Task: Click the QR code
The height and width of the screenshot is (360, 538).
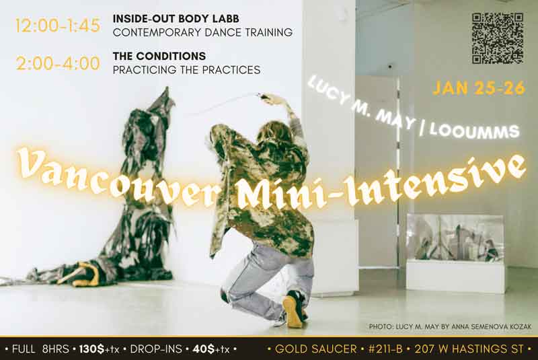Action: pyautogui.click(x=498, y=38)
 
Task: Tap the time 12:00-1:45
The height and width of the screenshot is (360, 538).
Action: pyautogui.click(x=58, y=26)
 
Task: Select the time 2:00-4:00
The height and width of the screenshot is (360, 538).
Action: pyautogui.click(x=58, y=63)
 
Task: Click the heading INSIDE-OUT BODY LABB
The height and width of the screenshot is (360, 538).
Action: pyautogui.click(x=176, y=19)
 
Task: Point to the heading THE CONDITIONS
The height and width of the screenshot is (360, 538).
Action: pyautogui.click(x=159, y=56)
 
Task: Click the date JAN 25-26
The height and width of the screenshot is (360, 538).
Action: pyautogui.click(x=479, y=88)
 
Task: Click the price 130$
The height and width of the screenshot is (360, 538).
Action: pyautogui.click(x=92, y=349)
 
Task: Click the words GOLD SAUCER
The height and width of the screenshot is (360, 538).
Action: pyautogui.click(x=315, y=349)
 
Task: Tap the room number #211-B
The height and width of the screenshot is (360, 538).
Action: pyautogui.click(x=385, y=349)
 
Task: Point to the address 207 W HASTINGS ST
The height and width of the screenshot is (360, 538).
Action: pyautogui.click(x=469, y=349)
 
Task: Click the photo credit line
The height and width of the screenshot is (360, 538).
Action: pyautogui.click(x=450, y=326)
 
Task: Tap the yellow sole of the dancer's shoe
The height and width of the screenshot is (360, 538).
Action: pyautogui.click(x=293, y=311)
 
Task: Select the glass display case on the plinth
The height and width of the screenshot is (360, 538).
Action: pyautogui.click(x=455, y=238)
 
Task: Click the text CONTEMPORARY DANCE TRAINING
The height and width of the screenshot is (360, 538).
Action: pyautogui.click(x=203, y=32)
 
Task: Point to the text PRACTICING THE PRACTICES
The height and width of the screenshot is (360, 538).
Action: pyautogui.click(x=187, y=70)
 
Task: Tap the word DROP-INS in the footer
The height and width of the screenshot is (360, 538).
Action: pyautogui.click(x=156, y=349)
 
